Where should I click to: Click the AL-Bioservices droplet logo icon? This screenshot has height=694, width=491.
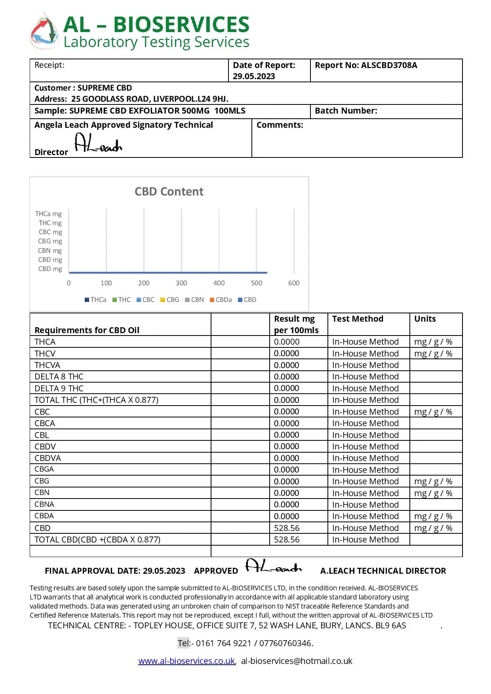44,31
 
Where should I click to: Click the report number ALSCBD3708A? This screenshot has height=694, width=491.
389,65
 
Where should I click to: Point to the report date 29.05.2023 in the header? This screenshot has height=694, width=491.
254,76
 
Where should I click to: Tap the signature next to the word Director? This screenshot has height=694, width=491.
98,143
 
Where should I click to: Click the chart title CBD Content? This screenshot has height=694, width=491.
169,192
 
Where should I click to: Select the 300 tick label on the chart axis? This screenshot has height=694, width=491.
181,283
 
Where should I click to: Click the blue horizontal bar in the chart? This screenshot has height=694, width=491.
168,272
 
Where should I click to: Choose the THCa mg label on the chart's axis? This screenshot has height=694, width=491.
48,214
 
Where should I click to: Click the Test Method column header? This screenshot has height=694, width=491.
358,319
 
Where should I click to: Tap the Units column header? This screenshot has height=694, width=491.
425,319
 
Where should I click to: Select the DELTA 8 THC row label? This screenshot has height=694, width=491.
59,377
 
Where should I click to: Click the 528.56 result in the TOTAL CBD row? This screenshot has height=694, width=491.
287,540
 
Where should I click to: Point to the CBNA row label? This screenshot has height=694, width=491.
44,504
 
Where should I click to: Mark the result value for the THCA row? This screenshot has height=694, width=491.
287,342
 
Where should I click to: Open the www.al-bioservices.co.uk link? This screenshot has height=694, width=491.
187,661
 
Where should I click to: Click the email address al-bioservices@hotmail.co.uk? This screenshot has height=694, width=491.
297,661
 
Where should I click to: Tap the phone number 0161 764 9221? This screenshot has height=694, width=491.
224,643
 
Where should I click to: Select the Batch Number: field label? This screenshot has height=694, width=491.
346,111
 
